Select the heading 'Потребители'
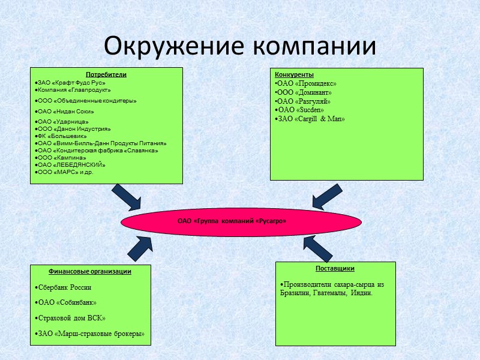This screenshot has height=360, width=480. coord(106,75)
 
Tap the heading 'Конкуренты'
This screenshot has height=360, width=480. coord(294,75)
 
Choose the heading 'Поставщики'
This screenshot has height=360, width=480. coord(335,268)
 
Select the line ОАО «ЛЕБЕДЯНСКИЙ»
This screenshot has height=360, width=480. coord(71,164)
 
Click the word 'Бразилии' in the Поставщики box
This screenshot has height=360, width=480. coord(293,293)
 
